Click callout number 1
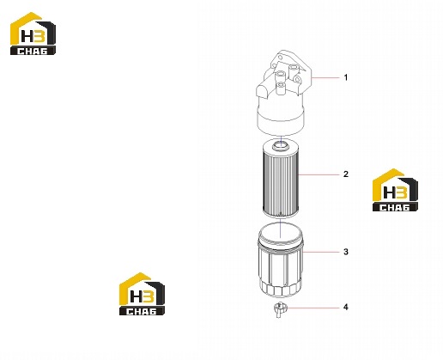click(x=346, y=77)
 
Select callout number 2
click(x=346, y=174)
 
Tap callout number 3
click(x=346, y=252)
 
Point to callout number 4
click(x=346, y=308)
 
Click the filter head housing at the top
click(x=282, y=93)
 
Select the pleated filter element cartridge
click(x=281, y=178)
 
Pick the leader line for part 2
click(x=319, y=174)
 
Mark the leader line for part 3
click(x=321, y=252)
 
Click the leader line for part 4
click(x=312, y=308)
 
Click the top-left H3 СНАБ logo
click(x=33, y=34)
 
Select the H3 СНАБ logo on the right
click(x=395, y=190)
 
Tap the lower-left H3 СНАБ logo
click(x=142, y=294)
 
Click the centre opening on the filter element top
click(x=281, y=143)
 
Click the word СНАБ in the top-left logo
click(x=33, y=51)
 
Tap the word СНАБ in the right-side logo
click(x=395, y=208)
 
